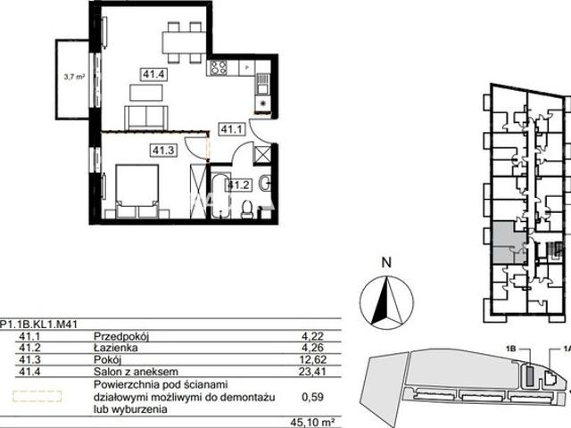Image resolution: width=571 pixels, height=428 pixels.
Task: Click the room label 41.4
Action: click(x=154, y=75)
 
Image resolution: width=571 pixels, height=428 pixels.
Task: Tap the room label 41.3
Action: click(x=163, y=151)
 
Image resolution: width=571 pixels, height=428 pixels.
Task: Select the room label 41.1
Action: click(x=232, y=129)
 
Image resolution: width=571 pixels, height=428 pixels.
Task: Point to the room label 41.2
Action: click(x=238, y=185)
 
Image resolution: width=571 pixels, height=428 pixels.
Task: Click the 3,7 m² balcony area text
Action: click(x=74, y=77)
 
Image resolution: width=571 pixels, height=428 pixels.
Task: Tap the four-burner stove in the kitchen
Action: click(x=219, y=68)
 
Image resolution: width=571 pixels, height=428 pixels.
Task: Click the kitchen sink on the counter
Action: click(x=262, y=84)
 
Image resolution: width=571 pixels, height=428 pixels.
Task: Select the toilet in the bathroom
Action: click(x=248, y=210)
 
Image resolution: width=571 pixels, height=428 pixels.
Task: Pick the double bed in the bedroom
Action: click(x=137, y=192)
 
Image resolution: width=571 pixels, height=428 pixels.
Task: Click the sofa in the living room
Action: click(x=146, y=118)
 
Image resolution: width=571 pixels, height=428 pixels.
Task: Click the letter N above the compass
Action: click(x=386, y=262)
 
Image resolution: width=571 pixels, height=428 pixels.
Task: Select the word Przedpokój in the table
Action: click(x=121, y=336)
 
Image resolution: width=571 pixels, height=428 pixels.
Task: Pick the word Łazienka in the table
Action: click(x=116, y=348)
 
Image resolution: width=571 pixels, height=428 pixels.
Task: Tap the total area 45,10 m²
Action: click(x=313, y=423)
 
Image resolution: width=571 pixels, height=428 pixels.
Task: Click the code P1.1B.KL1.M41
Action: click(x=38, y=324)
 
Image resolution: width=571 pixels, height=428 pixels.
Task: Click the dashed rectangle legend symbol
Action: click(x=37, y=396)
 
